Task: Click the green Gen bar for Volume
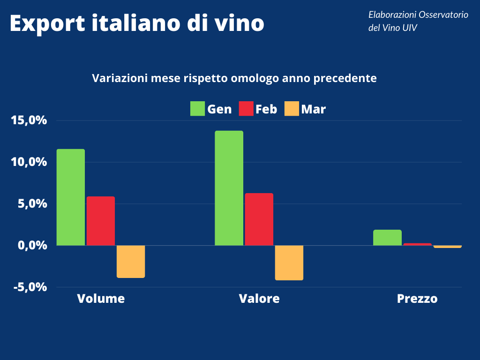point(71,197)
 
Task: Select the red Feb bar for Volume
point(101,221)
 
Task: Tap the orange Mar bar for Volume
point(131,262)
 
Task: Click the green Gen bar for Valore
point(229,188)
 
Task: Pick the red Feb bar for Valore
point(259,219)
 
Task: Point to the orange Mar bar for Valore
point(289,262)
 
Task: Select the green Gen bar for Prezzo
point(387,237)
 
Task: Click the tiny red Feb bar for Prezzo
point(417,244)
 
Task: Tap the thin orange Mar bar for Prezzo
point(447,247)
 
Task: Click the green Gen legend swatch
point(197,109)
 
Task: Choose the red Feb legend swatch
point(246,109)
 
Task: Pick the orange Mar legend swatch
point(292,109)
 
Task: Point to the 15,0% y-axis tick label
point(29,120)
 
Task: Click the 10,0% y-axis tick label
point(29,162)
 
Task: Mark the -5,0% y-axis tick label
point(29,287)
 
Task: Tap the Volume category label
point(101,299)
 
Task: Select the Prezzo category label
point(417,299)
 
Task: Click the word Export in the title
point(45,23)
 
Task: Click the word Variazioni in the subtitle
point(120,78)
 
